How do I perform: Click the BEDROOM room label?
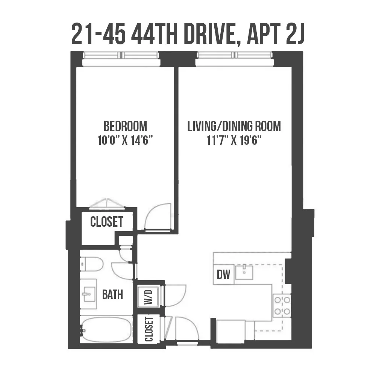click(125, 126)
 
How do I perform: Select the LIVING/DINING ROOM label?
click(234, 126)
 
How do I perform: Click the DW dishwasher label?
click(224, 275)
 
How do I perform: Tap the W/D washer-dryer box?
click(149, 296)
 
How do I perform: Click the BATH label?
click(112, 294)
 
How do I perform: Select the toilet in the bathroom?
click(92, 264)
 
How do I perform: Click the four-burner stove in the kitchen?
click(282, 305)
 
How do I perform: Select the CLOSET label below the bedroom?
click(107, 222)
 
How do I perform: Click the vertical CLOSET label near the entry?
click(149, 330)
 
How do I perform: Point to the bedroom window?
click(121, 55)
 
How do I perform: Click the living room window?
click(235, 55)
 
